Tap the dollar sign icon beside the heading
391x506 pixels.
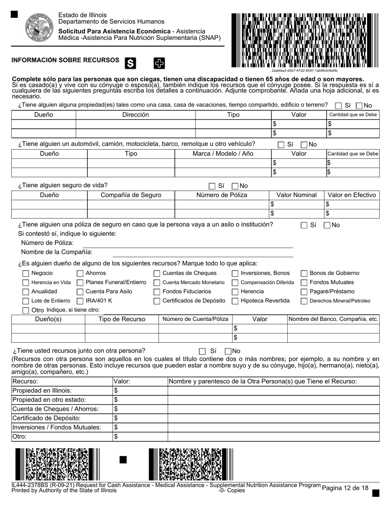[x=130, y=63]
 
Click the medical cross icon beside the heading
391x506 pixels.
[x=159, y=63]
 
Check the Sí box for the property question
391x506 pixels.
[x=338, y=106]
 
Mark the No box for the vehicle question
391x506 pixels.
[x=304, y=145]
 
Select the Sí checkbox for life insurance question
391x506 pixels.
[x=212, y=186]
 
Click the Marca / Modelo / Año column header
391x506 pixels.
[x=223, y=153]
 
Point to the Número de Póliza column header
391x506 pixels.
[x=222, y=195]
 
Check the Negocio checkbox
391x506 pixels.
[x=26, y=274]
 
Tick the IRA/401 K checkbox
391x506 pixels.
[x=80, y=301]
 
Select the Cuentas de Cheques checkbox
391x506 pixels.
[x=157, y=274]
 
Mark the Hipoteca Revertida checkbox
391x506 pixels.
[x=235, y=301]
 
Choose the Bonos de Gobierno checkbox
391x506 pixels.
[x=304, y=274]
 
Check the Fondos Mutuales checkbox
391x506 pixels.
[x=304, y=283]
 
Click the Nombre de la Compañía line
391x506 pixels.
[x=202, y=253]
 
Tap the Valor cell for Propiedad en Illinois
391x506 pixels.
[x=140, y=390]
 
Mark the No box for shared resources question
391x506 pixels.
[x=228, y=351]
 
